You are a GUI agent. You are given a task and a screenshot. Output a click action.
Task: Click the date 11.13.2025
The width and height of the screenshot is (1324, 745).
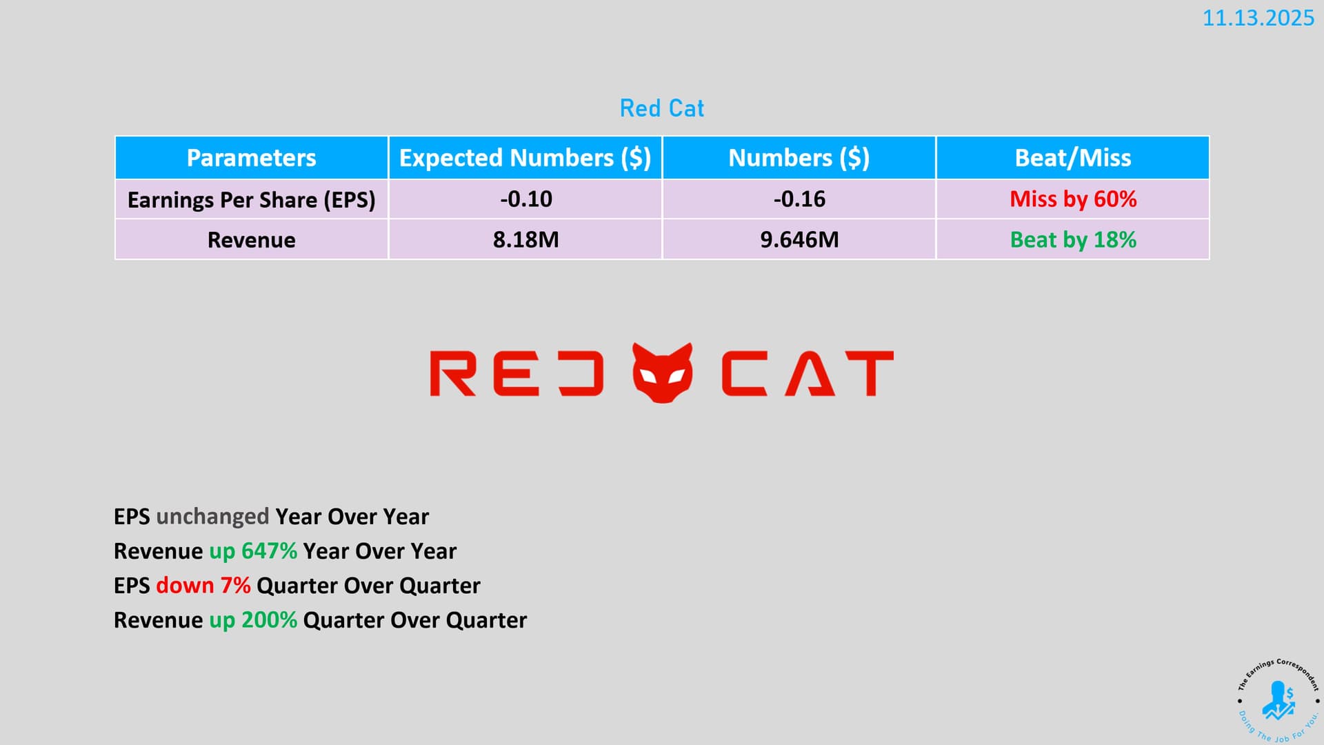coord(1258,18)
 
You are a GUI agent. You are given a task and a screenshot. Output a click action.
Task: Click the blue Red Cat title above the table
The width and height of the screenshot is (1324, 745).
coord(662,108)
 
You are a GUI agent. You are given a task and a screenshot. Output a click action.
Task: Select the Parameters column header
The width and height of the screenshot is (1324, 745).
coord(252,158)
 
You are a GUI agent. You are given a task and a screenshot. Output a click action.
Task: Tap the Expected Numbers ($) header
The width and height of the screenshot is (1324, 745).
coord(525,158)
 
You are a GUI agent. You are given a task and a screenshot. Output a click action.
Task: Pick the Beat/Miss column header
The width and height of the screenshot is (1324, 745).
coord(1073,158)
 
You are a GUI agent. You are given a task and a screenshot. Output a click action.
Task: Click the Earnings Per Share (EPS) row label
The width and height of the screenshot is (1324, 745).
coord(252,200)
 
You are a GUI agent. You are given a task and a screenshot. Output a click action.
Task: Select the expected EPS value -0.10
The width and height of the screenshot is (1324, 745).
coord(526,199)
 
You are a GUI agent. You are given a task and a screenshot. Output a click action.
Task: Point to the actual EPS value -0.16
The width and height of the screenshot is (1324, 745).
coord(799,199)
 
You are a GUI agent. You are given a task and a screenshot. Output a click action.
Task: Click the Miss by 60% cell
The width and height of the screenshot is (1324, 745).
coord(1073,199)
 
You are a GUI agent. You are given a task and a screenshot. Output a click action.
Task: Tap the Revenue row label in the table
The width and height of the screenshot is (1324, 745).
coord(252,240)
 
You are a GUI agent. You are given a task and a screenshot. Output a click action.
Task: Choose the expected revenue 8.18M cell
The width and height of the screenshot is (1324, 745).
coord(526,240)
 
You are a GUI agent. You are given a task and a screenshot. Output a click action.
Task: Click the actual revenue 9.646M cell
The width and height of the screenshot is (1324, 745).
coord(799,240)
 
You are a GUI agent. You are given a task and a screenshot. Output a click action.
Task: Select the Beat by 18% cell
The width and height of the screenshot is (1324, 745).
coord(1073,240)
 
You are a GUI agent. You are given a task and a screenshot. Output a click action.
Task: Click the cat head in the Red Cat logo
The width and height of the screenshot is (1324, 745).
coord(663,373)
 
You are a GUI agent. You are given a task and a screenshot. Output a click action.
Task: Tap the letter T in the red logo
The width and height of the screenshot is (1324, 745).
coord(870,373)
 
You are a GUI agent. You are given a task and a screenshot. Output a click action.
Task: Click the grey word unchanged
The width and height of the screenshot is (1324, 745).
coord(212,517)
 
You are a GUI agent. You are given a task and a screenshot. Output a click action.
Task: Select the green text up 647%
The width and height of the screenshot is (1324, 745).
coord(253,551)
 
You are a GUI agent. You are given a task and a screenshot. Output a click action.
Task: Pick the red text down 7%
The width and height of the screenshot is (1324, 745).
coord(203,586)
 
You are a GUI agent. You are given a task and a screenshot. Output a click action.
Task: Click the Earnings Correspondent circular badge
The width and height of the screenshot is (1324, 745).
coord(1278,700)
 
